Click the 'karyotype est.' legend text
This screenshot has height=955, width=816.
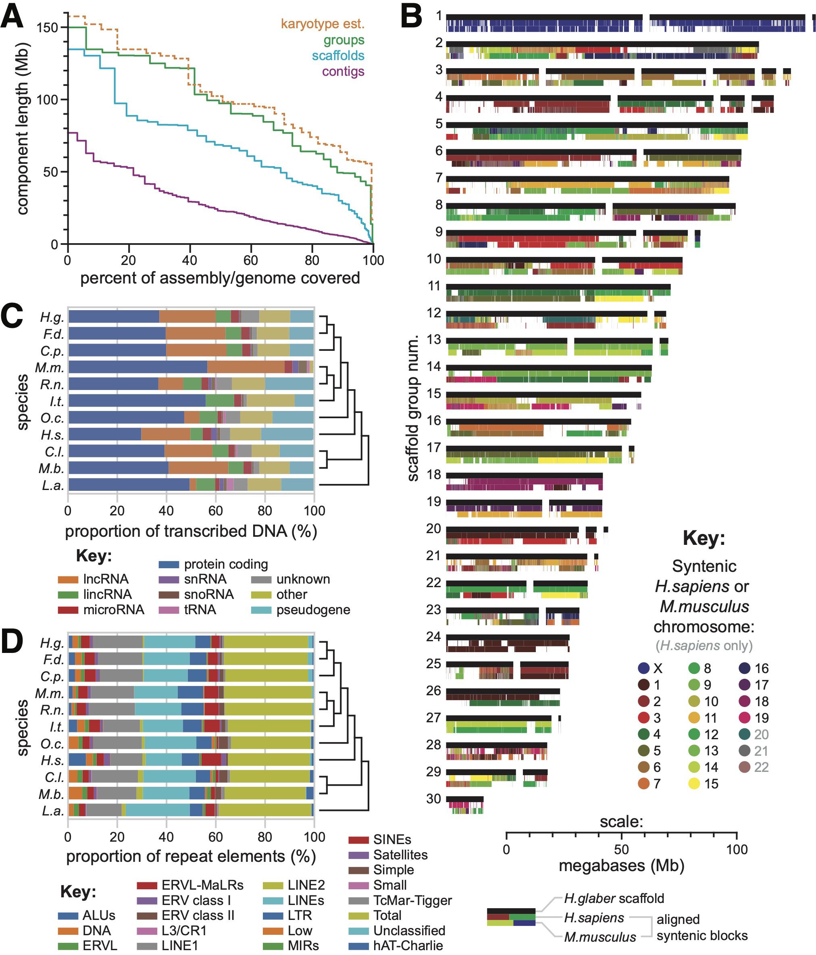(322, 23)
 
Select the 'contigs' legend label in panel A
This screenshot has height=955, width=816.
(343, 71)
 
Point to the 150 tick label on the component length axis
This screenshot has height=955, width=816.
(48, 28)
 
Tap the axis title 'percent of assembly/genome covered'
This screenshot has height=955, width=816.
(220, 278)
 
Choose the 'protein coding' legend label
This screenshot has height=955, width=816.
(226, 564)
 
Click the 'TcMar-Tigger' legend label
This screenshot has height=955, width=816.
(412, 900)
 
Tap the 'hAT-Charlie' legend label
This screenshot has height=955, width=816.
(408, 945)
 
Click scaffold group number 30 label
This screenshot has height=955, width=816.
(433, 799)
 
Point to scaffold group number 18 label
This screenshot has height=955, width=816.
(433, 475)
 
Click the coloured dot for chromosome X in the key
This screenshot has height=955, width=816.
(644, 668)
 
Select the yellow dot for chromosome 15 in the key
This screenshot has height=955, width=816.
(694, 784)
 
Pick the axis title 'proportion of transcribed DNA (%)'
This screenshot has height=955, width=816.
(191, 532)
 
